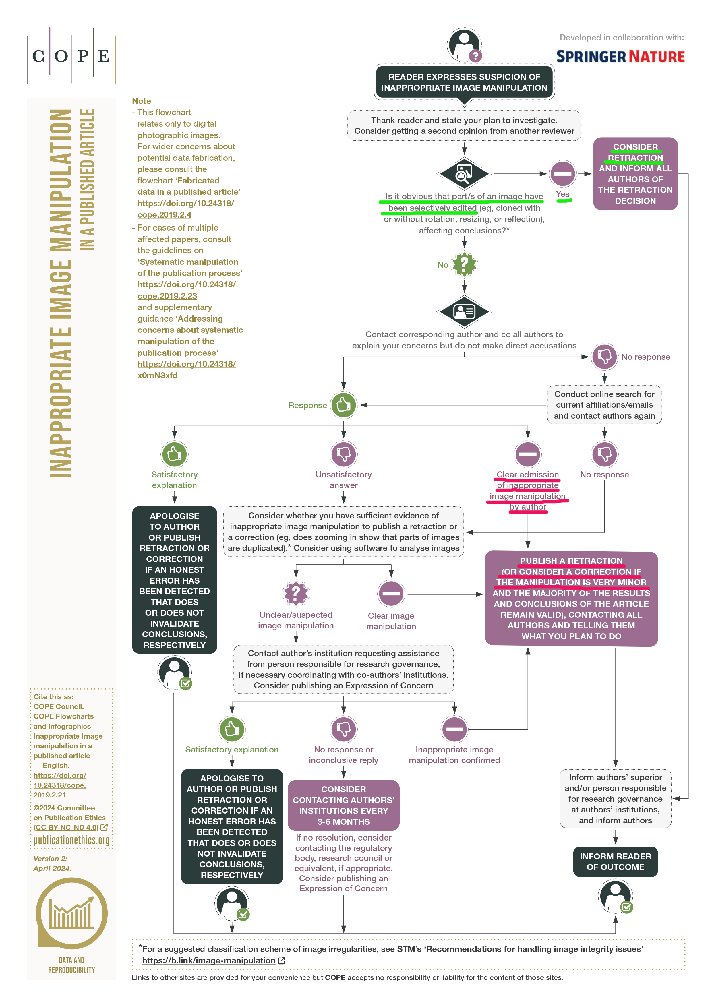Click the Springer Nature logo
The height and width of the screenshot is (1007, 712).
620,57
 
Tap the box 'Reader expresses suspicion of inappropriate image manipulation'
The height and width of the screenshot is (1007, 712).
464,82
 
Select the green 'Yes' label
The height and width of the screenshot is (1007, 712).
562,194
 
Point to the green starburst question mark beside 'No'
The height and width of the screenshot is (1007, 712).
464,264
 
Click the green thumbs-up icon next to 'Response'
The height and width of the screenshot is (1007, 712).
343,405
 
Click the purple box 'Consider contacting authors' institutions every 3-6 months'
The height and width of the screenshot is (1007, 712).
343,805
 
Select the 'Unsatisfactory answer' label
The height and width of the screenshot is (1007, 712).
343,480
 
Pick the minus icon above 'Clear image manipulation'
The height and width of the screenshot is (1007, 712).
391,593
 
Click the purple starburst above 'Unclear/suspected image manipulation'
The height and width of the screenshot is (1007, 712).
296,593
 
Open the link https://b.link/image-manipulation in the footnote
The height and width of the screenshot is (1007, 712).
209,960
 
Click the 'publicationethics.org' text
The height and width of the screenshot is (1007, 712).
71,840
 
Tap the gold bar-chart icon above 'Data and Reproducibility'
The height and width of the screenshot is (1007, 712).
71,914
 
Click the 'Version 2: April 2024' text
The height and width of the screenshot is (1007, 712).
52,863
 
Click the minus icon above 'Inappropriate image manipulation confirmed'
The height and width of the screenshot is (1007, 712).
454,729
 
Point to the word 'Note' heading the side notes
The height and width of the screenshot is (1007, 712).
141,101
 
